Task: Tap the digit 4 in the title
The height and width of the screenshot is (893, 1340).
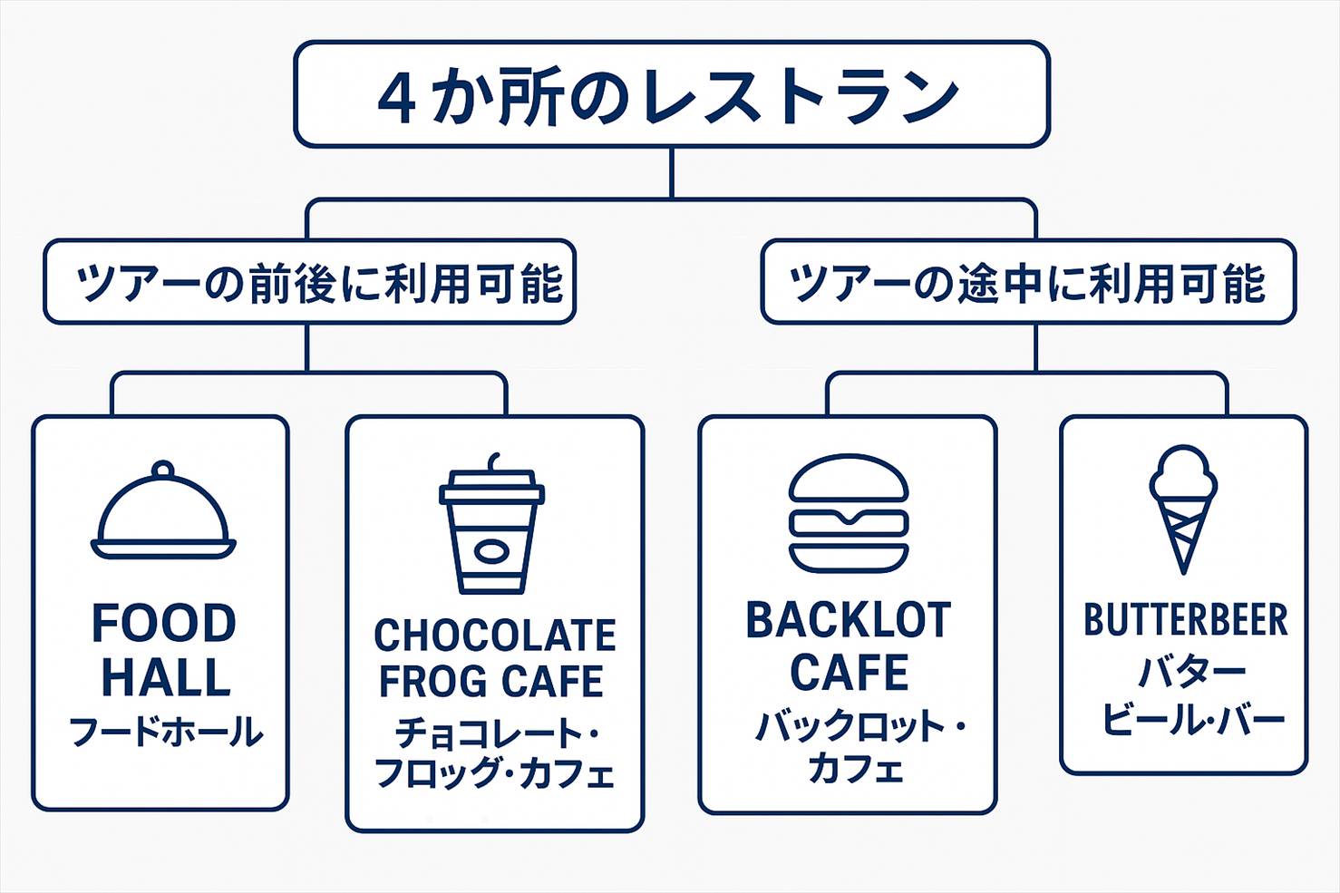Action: click(397, 98)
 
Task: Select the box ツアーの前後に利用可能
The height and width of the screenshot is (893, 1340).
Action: click(309, 282)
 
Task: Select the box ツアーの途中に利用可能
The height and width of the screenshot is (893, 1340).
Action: click(1028, 282)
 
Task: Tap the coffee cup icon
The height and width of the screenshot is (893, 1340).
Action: click(492, 530)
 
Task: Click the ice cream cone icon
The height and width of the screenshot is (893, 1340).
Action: click(1183, 508)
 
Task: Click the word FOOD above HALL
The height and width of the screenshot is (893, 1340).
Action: click(164, 624)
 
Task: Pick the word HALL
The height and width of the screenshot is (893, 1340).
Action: click(165, 677)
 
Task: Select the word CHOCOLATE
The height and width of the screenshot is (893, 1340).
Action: click(495, 636)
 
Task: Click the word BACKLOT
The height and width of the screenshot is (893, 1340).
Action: click(848, 621)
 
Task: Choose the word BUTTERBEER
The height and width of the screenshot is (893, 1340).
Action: click(1185, 620)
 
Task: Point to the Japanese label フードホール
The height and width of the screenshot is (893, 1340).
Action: click(166, 732)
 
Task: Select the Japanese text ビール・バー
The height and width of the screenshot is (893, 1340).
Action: click(1193, 720)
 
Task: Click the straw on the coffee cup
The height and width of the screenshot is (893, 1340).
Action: click(494, 462)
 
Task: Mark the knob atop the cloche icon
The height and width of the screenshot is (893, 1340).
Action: click(163, 470)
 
